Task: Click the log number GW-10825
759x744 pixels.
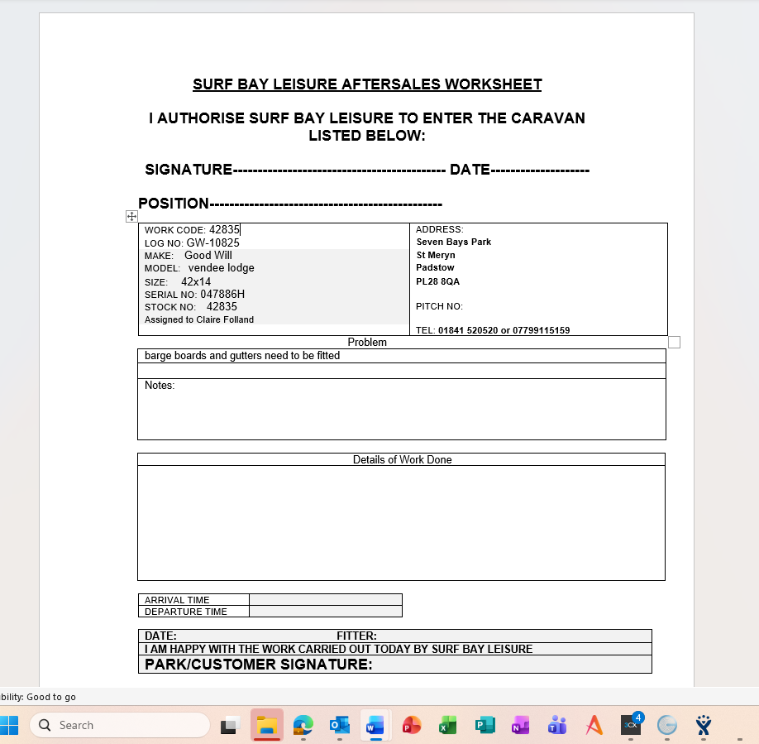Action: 212,243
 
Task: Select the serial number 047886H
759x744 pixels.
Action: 222,294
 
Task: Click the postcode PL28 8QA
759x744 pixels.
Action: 437,281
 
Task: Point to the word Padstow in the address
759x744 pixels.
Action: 435,268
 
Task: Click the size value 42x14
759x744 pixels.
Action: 196,281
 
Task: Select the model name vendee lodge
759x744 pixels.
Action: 221,268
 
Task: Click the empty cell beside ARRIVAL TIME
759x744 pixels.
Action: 325,600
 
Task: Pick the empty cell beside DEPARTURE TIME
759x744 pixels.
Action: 325,612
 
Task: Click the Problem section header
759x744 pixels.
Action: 367,342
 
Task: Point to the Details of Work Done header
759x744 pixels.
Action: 402,459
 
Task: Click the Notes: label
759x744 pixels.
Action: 160,386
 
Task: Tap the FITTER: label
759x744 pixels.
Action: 356,636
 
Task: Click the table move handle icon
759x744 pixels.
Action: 131,216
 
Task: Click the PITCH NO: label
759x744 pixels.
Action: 439,306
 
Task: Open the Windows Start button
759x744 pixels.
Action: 9,726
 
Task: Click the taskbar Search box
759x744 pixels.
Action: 120,726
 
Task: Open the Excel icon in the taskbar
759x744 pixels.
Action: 448,726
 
